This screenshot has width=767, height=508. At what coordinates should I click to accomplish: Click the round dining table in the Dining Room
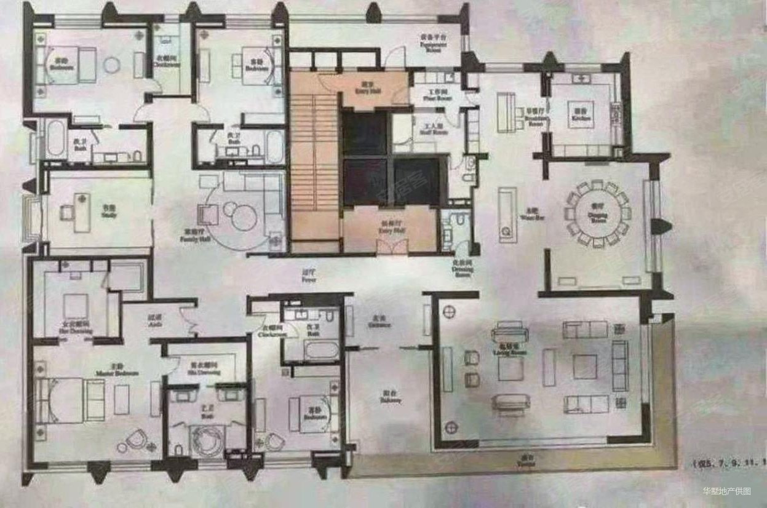598,213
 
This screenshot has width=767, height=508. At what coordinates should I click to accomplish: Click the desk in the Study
82,212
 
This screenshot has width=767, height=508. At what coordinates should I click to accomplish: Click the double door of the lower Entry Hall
391,246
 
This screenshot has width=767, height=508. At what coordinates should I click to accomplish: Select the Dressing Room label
462,268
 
